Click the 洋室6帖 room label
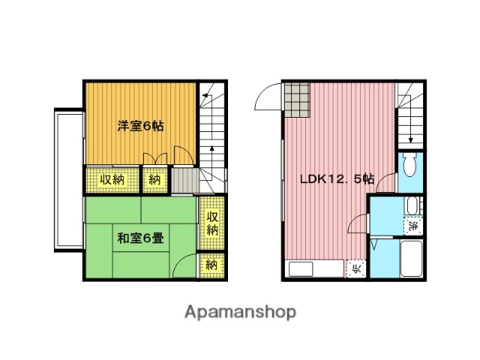139,125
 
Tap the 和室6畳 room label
141,239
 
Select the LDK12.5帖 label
337,179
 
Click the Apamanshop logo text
240,312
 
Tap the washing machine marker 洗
413,224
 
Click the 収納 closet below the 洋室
112,180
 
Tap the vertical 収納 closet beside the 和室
212,223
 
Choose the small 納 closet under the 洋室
154,180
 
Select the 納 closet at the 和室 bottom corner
212,265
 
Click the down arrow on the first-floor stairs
411,139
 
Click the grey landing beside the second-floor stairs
184,180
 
